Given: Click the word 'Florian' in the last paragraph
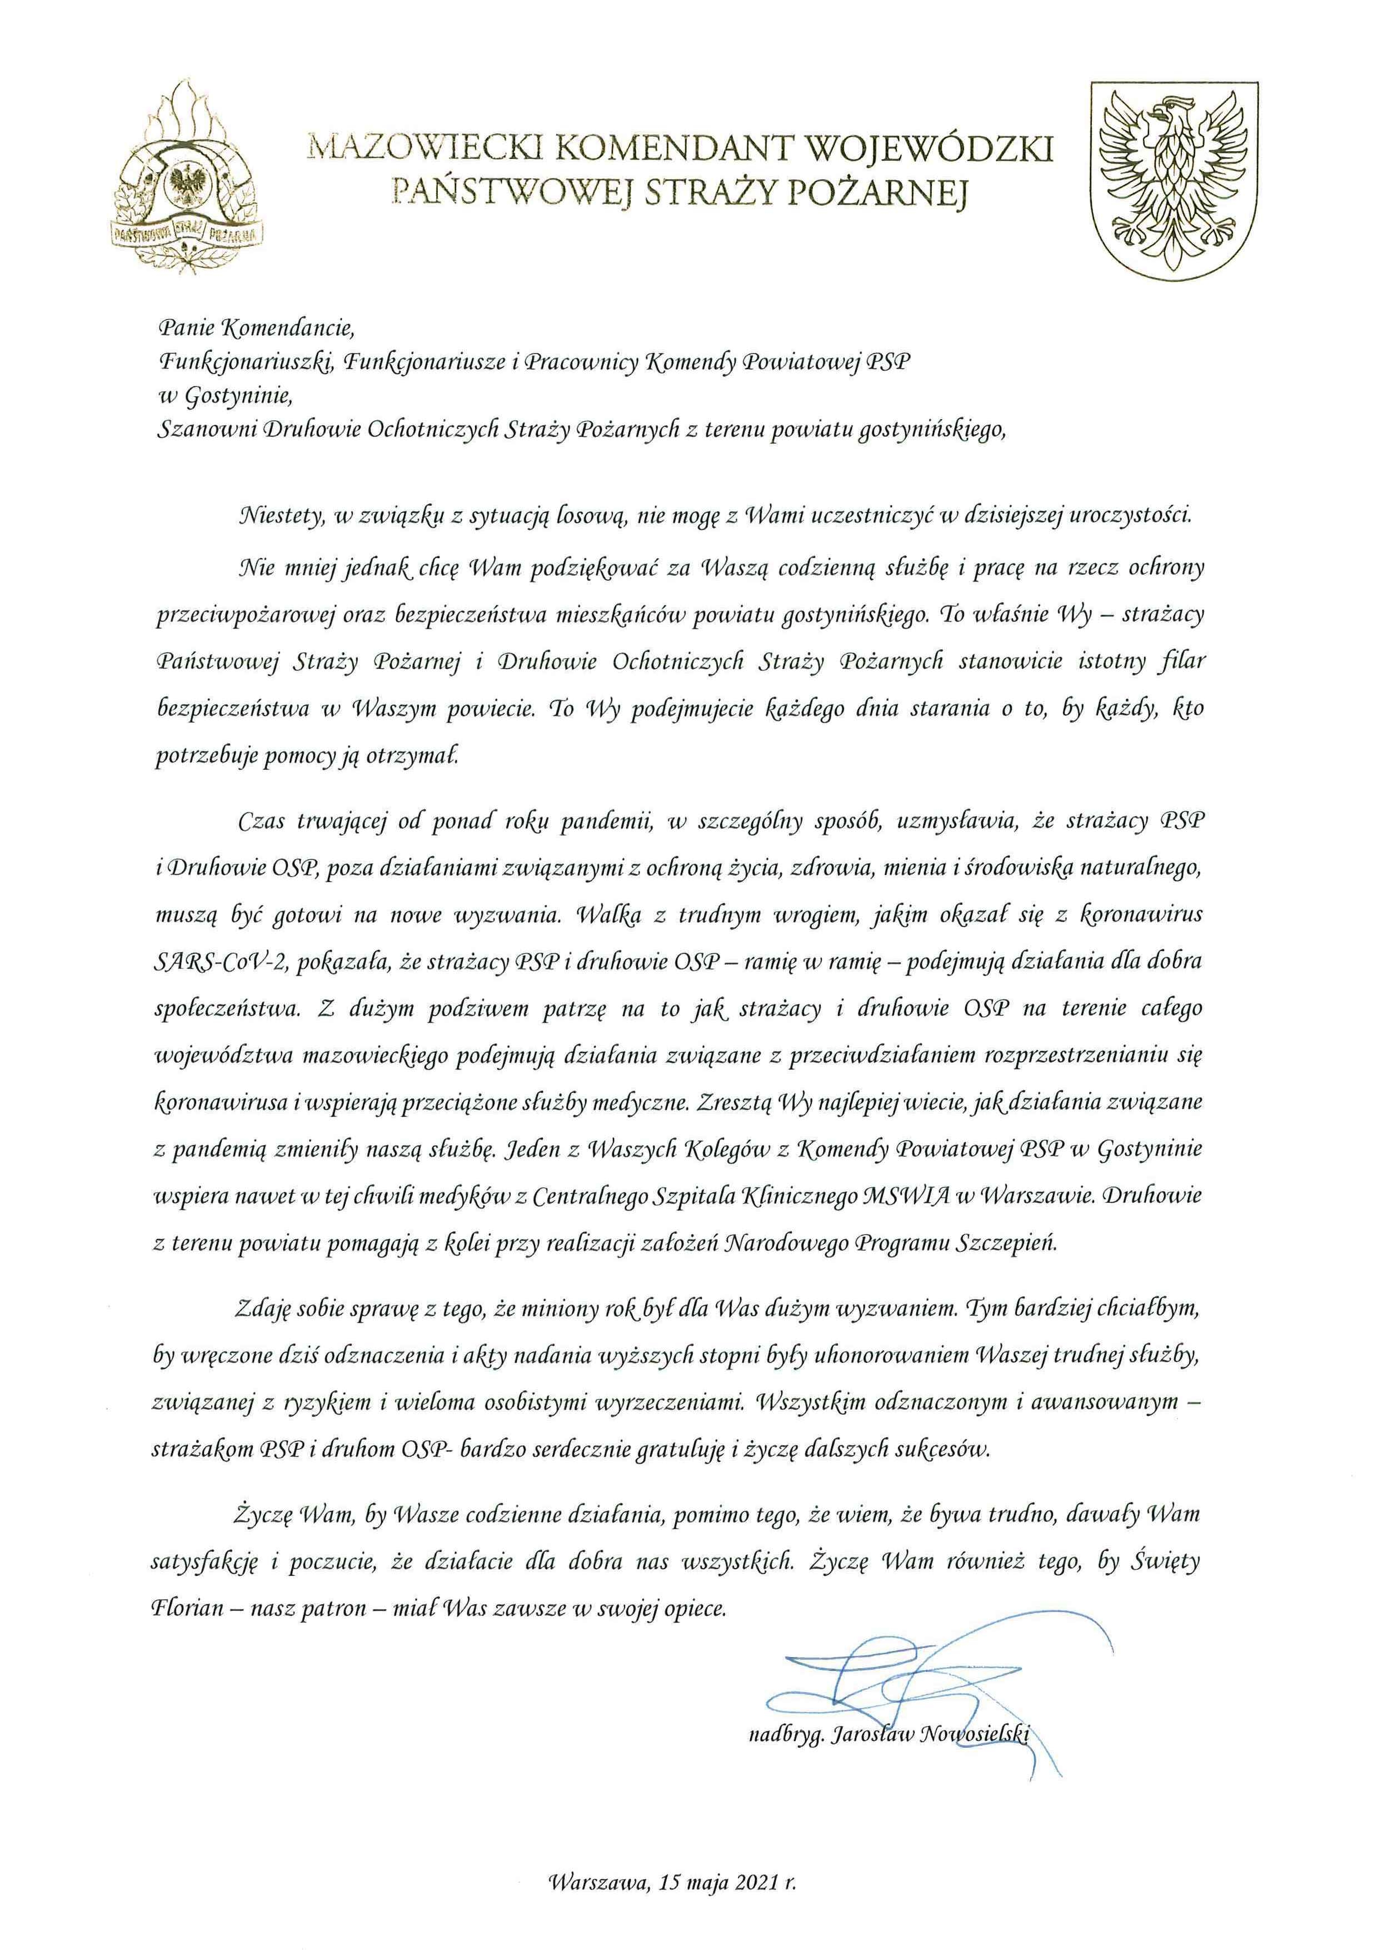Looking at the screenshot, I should pos(186,1609).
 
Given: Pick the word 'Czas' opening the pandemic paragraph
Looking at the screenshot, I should pos(262,823).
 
